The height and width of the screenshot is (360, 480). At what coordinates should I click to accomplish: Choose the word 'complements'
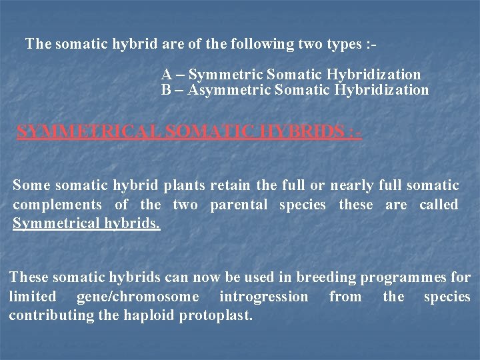57,205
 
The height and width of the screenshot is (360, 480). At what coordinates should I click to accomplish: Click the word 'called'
439,205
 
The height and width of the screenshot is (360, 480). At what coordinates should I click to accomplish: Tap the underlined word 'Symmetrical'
55,223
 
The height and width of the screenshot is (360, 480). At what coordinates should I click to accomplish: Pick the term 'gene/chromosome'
138,296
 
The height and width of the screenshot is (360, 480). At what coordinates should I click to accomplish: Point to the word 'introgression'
264,296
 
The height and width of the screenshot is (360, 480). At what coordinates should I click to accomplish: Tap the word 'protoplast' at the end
217,315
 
